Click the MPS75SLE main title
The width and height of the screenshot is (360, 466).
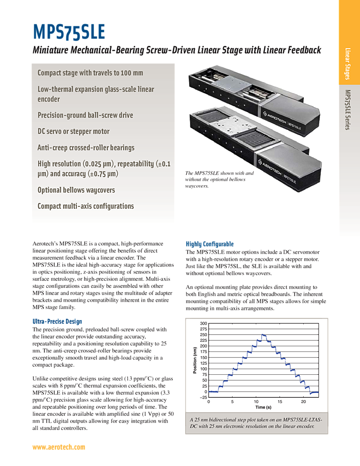pos(69,32)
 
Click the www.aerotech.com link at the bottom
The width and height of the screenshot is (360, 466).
pos(59,447)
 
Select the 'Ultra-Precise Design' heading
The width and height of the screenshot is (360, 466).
pos(57,321)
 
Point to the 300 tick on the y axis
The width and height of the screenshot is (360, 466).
pos(204,324)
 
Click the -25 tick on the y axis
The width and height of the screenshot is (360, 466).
pos(203,397)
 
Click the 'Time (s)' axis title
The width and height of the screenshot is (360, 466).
pos(263,408)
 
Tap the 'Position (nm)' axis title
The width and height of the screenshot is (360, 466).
pos(195,360)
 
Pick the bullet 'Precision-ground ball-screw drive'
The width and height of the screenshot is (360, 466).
pos(85,115)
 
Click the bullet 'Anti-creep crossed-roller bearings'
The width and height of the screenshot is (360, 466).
pos(86,148)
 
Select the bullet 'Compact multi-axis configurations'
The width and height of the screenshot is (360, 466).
pos(85,206)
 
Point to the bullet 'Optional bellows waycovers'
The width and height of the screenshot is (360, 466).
pos(76,190)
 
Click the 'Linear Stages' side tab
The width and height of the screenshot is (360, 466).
pos(349,64)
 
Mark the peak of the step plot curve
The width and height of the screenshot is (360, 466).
pos(263,335)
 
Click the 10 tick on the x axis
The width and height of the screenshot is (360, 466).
pos(255,402)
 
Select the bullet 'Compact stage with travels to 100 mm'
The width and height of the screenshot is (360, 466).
pos(90,73)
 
